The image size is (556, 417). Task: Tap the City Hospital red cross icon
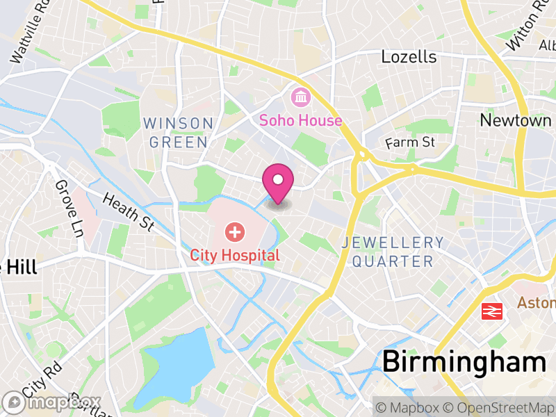coord(235,232)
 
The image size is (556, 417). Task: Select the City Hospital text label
coord(235,255)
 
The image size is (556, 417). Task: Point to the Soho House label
coord(300,120)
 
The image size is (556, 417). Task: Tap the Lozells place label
coord(409,56)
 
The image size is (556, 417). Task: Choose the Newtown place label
coord(516,120)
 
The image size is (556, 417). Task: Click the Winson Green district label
coord(178,133)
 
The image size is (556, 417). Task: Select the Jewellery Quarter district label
coord(393,252)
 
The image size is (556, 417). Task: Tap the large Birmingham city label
coord(464,362)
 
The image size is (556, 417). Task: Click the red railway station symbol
coord(492,311)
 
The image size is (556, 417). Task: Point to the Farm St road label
coord(410,142)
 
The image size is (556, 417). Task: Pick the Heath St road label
coord(128,211)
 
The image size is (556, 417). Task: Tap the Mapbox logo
coord(52,402)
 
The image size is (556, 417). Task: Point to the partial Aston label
coord(536,303)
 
